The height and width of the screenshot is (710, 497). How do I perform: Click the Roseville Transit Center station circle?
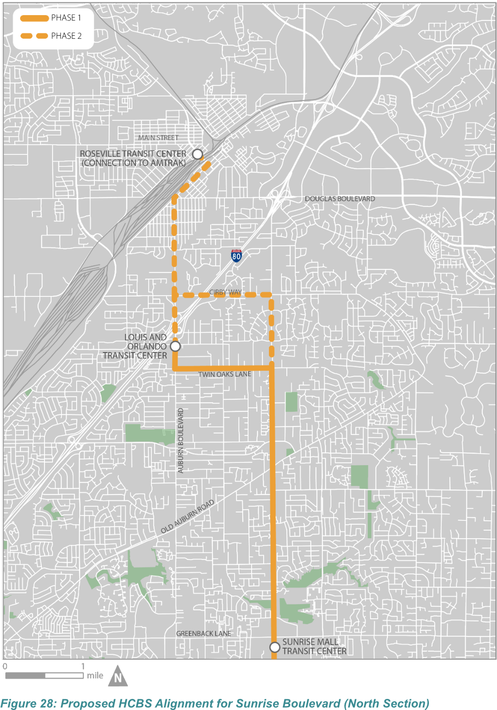point(197,154)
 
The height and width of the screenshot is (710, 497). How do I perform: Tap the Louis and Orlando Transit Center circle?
point(175,346)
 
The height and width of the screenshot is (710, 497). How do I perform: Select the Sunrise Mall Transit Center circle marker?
point(275,646)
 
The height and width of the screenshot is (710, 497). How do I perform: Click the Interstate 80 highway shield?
point(236,256)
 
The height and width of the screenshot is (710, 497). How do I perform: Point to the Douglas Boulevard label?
point(340,199)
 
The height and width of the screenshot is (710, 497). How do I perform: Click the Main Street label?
point(158,138)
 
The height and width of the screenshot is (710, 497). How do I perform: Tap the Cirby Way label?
point(225,292)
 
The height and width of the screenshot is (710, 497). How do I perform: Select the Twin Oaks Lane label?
point(224,374)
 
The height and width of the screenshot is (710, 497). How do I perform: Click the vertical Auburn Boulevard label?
point(180,440)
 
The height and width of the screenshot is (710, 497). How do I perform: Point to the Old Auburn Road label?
point(187,516)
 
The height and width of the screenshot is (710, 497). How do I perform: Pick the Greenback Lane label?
point(204,633)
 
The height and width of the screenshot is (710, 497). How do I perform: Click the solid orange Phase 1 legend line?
point(34,18)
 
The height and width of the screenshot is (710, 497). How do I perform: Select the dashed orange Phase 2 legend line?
point(34,36)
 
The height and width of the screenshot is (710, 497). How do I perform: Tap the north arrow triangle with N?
point(118,676)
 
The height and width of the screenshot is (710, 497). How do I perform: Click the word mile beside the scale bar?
point(95,675)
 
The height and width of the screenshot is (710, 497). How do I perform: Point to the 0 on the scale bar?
point(5,666)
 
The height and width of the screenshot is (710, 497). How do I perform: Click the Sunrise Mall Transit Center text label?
point(314,646)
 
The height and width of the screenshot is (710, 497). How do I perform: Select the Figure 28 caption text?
point(215,703)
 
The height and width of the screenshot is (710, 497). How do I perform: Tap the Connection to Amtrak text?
point(134,163)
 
